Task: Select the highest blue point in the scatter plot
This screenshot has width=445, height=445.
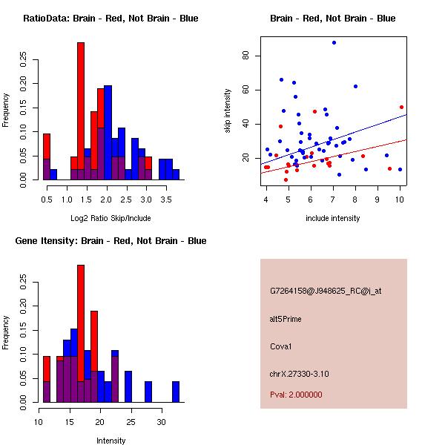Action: [334, 43]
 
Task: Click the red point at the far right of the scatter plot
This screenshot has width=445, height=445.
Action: [401, 107]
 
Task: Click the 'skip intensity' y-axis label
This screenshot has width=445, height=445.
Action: [228, 111]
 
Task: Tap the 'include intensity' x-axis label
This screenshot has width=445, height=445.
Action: [333, 218]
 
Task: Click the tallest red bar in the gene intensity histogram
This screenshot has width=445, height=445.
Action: [81, 334]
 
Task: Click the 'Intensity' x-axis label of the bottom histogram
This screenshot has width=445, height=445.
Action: [111, 441]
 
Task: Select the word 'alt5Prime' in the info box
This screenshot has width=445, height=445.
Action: [286, 319]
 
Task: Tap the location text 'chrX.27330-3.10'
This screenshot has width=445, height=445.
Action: [299, 373]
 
